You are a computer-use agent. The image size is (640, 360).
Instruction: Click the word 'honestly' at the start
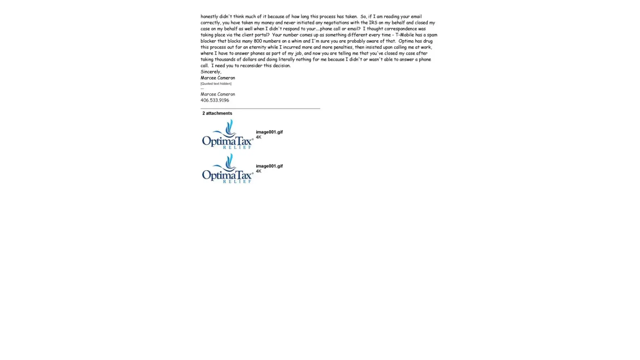[209, 17]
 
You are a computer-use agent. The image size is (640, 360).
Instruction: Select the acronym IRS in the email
[373, 23]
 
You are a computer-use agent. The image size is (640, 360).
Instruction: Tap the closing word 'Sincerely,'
[211, 72]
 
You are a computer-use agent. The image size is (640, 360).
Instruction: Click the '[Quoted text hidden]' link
[216, 84]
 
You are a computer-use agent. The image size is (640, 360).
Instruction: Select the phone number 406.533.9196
[215, 100]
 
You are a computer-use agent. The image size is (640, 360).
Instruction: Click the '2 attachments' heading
[217, 113]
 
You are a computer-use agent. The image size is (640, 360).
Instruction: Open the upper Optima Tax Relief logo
[227, 134]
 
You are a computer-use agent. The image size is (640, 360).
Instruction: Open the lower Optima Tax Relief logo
[227, 168]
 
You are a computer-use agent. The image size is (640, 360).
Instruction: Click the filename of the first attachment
[269, 132]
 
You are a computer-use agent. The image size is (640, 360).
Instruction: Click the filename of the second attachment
[269, 166]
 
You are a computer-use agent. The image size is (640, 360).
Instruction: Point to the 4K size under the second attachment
[258, 171]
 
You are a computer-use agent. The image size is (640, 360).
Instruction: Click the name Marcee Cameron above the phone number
[218, 94]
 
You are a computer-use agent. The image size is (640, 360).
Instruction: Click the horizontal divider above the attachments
[260, 108]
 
